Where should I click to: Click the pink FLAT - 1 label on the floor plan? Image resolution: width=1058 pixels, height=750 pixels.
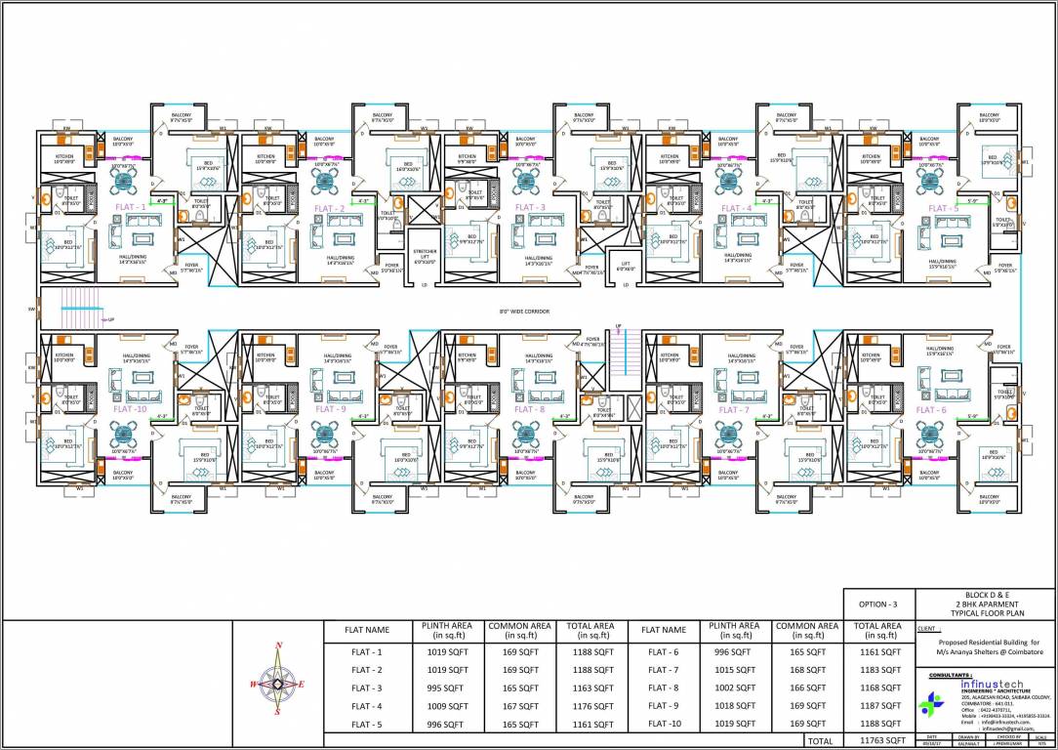pyautogui.click(x=130, y=207)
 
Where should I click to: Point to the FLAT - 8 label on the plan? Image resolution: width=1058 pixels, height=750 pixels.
pyautogui.click(x=529, y=409)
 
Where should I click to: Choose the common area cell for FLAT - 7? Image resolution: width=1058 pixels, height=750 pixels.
pyautogui.click(x=806, y=670)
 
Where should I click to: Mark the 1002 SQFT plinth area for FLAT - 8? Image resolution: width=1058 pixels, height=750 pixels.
pyautogui.click(x=735, y=687)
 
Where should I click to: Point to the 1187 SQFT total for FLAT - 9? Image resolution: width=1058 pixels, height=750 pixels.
pyautogui.click(x=878, y=706)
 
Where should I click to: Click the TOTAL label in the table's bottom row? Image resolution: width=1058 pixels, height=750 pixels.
pyautogui.click(x=819, y=741)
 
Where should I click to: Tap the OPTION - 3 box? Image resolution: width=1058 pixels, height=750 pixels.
pyautogui.click(x=878, y=604)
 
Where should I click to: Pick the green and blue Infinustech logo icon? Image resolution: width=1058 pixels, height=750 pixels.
pyautogui.click(x=934, y=702)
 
